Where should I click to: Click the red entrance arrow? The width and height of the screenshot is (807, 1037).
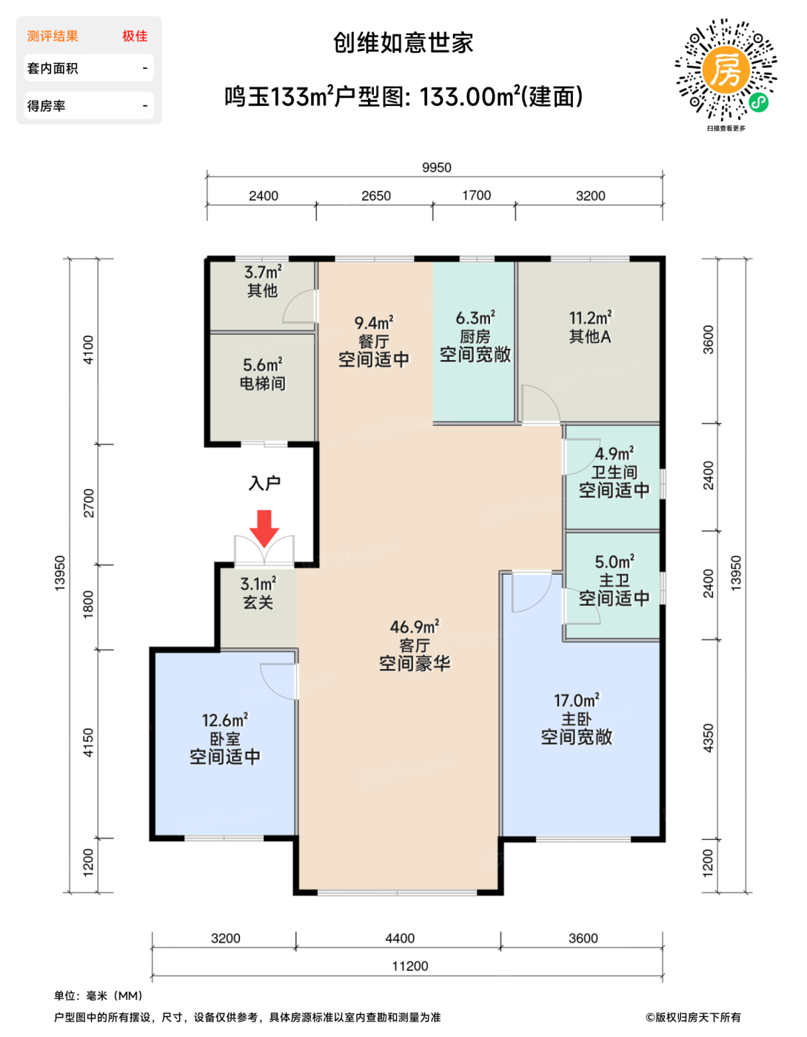pos(264,528)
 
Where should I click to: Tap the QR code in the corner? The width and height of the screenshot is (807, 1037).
pos(726,70)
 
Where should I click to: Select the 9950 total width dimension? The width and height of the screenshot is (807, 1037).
pos(436,167)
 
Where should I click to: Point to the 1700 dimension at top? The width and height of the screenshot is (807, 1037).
pos(477,196)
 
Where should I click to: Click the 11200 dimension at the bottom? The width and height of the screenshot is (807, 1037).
pos(410,966)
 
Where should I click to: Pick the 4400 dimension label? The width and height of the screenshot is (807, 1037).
pos(400,938)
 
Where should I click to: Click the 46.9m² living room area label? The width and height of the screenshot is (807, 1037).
pos(415,627)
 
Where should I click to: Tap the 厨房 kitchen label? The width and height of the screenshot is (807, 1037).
pos(475,337)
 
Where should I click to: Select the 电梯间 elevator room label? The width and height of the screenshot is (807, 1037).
pos(262,383)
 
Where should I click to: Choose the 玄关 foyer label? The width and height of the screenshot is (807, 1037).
pos(258,603)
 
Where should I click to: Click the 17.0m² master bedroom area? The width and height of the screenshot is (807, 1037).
pos(577,701)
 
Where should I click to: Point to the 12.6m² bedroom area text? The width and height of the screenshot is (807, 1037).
pos(225,720)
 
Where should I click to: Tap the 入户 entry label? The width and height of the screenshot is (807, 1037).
pos(264,484)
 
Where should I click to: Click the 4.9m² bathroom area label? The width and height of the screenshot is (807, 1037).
pos(615,453)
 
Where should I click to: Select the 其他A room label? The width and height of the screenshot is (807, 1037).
pos(590,337)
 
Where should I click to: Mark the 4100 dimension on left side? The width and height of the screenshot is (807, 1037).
pos(88,350)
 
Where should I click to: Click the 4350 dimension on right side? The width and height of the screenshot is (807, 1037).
pos(708,738)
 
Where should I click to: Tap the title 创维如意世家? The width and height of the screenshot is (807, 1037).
pos(403,43)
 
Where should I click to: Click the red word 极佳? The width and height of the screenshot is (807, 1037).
pos(135,36)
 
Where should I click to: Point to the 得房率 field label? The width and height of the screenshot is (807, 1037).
pos(46,106)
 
